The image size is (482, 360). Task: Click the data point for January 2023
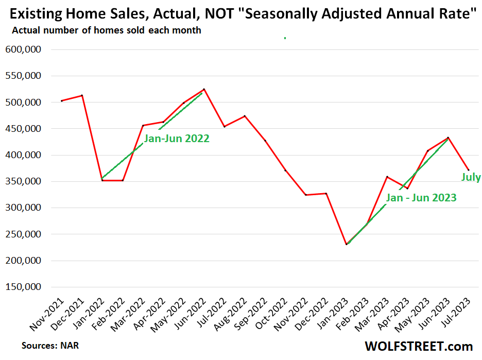coord(347,244)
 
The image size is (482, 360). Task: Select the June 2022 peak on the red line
coord(204,89)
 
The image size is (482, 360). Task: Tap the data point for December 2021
coord(82,95)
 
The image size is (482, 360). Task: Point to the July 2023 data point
coord(468,170)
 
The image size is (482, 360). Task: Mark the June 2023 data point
coord(448,138)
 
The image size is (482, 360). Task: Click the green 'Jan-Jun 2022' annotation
coord(177,139)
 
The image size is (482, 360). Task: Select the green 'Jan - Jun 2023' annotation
coord(421,198)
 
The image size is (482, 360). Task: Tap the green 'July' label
coord(471,178)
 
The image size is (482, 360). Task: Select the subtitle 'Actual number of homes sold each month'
coord(107,30)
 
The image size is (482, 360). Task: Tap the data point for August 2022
coord(245,116)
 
